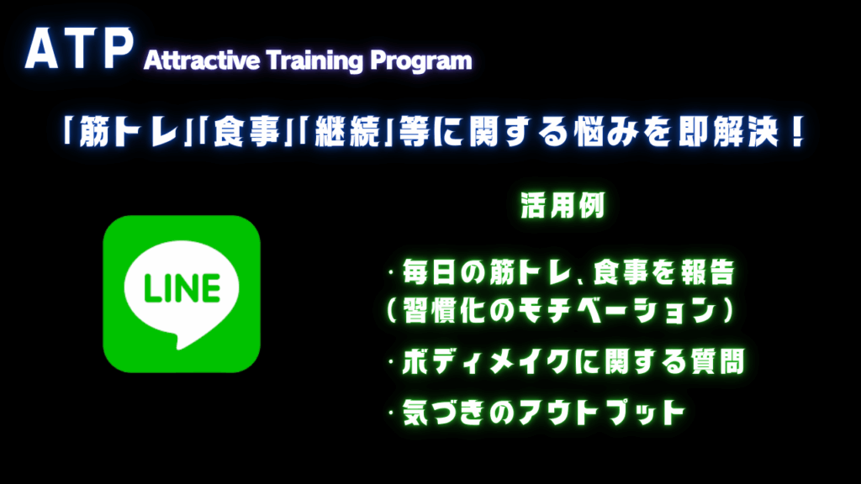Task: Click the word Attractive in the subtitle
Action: pyautogui.click(x=202, y=60)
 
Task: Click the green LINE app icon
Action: pyautogui.click(x=182, y=294)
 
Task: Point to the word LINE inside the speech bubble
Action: pyautogui.click(x=182, y=288)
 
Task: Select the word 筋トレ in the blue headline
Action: pyautogui.click(x=129, y=132)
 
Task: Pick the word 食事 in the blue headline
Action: pyautogui.click(x=246, y=132)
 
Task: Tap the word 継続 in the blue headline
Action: pyautogui.click(x=347, y=132)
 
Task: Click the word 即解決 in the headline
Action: pyautogui.click(x=728, y=132)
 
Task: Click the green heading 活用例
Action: pyautogui.click(x=563, y=206)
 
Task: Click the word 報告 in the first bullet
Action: pyautogui.click(x=707, y=272)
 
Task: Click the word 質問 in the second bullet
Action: pyautogui.click(x=717, y=362)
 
